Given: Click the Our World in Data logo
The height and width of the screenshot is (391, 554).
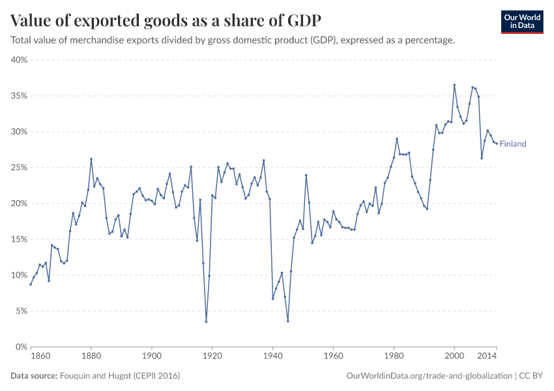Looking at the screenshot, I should (x=521, y=21).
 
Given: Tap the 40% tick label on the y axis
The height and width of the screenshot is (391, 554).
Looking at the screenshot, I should (x=18, y=60).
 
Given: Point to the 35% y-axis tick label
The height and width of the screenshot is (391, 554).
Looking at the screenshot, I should (x=18, y=96).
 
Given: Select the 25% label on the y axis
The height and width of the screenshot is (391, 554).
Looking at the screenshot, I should (x=18, y=167).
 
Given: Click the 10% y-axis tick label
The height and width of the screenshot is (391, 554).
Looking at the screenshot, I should (x=18, y=275).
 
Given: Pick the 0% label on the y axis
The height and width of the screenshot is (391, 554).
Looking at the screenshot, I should (x=20, y=347).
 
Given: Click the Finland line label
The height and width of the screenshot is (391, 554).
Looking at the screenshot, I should (x=512, y=144).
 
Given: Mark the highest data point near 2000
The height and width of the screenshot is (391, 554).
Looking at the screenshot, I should (x=454, y=85).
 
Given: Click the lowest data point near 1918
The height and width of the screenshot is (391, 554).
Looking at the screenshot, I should (x=206, y=321).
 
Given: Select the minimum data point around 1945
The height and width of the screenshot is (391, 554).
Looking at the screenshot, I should (x=287, y=321).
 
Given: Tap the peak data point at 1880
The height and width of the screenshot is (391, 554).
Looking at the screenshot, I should (x=91, y=159).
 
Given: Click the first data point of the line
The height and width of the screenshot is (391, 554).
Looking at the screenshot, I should (x=31, y=284).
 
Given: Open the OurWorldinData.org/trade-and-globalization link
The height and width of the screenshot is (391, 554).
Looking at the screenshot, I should (x=429, y=376).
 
